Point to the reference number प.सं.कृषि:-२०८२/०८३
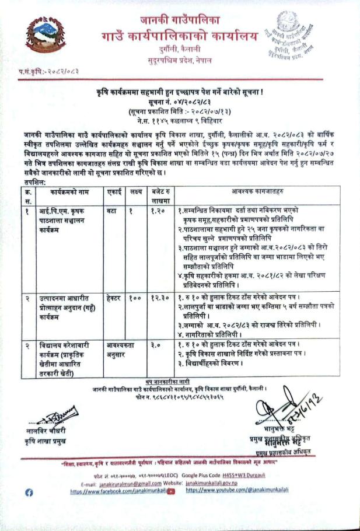coord(41,71)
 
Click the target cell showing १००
coord(135,298)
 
